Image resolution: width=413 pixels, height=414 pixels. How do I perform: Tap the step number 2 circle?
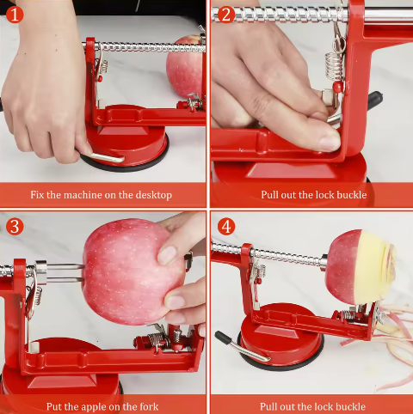pyautogui.click(x=225, y=13)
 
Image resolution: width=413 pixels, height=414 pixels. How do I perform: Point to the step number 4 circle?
pyautogui.click(x=225, y=226)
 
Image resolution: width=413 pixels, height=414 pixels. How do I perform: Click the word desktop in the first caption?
pyautogui.click(x=151, y=195)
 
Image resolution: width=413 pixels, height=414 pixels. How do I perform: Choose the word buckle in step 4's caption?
pyautogui.click(x=352, y=406)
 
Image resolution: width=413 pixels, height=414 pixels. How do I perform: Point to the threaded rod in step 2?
pyautogui.click(x=275, y=14)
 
